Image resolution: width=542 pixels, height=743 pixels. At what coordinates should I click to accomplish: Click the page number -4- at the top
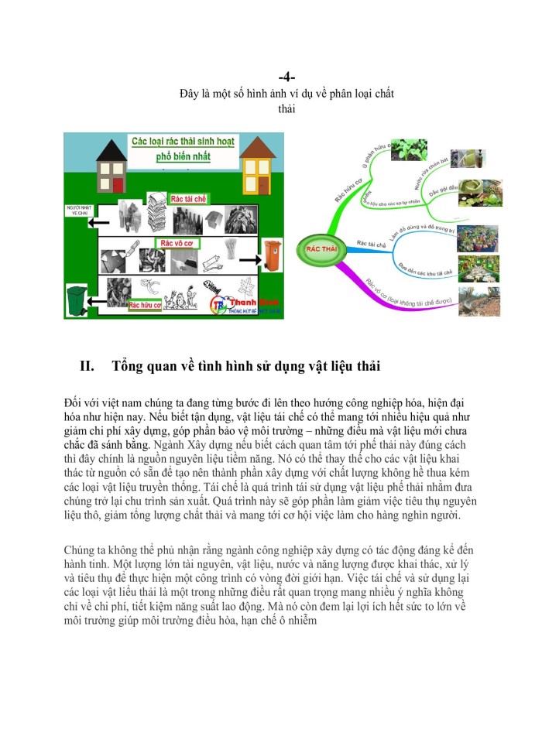pos(286,78)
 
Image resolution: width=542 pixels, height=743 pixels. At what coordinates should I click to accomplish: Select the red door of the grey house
pos(117,185)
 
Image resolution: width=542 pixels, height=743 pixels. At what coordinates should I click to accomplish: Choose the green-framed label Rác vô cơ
pos(177,243)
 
